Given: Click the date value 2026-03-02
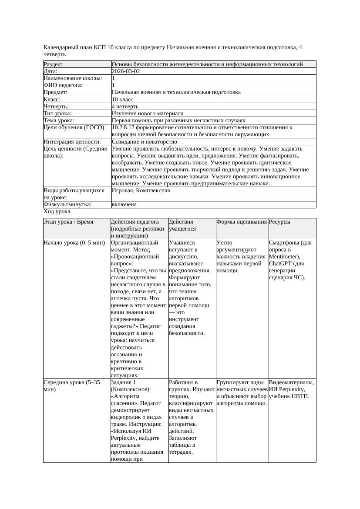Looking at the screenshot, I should [126, 71].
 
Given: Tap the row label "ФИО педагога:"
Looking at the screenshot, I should [63, 85].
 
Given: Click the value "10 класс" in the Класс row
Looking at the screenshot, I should [122, 99].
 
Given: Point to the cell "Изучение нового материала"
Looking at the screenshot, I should [148, 113].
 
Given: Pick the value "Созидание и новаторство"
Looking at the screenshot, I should [144, 142].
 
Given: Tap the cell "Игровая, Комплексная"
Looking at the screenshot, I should [141, 191].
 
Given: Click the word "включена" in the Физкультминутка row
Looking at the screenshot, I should [124, 204].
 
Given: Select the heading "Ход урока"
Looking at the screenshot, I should [57, 211].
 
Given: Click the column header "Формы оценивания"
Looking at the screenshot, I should [242, 222].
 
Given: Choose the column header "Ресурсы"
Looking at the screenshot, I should [279, 222].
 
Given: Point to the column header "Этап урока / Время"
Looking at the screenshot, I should [68, 222].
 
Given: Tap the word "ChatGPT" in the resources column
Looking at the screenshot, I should [280, 264].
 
